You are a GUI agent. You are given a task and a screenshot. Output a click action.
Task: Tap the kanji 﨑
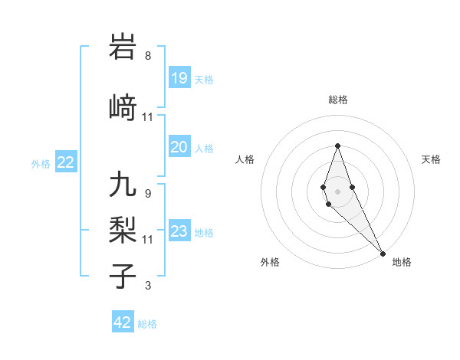pyautogui.click(x=123, y=108)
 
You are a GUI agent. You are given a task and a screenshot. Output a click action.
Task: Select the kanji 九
pyautogui.click(x=123, y=185)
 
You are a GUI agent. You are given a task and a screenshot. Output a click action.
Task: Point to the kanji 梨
pyautogui.click(x=123, y=231)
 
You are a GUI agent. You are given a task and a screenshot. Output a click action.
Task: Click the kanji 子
pyautogui.click(x=123, y=276)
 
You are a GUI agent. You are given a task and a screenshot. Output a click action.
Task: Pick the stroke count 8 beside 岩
pyautogui.click(x=148, y=56)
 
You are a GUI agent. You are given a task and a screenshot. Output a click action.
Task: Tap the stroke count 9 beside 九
pyautogui.click(x=148, y=193)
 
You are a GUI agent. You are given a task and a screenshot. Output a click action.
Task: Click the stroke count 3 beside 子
pyautogui.click(x=148, y=286)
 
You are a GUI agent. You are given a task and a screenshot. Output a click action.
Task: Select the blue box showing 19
pyautogui.click(x=179, y=78)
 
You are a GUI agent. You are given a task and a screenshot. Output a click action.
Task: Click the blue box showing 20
pyautogui.click(x=179, y=147)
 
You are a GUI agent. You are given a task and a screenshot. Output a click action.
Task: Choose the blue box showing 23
pyautogui.click(x=179, y=231)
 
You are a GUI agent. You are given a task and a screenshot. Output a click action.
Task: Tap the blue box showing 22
pyautogui.click(x=66, y=162)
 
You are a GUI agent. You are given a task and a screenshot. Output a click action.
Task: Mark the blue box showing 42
pyautogui.click(x=123, y=322)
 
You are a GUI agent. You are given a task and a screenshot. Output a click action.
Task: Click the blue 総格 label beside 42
pyautogui.click(x=147, y=324)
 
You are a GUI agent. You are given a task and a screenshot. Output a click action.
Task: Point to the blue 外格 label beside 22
pyautogui.click(x=41, y=163)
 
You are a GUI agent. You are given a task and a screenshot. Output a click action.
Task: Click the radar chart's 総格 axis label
pyautogui.click(x=337, y=100)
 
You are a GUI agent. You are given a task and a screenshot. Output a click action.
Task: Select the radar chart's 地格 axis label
pyautogui.click(x=402, y=262)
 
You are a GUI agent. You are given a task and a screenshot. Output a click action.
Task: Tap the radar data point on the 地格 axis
pyautogui.click(x=383, y=253)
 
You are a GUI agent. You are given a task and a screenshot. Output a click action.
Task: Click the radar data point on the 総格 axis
pyautogui.click(x=337, y=145)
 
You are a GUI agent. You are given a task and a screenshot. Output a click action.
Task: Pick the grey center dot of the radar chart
pyautogui.click(x=337, y=191)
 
